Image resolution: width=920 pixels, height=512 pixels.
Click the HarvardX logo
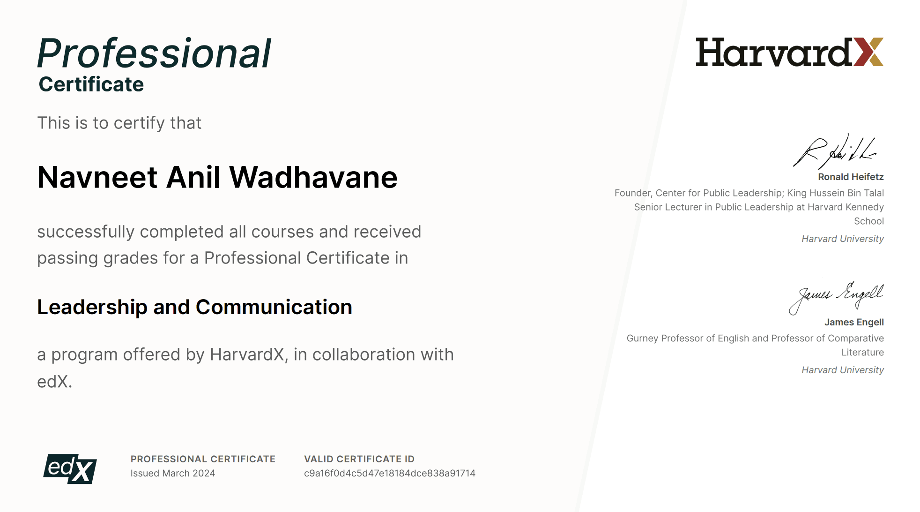(x=789, y=52)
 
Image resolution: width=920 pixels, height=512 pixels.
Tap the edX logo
(x=70, y=468)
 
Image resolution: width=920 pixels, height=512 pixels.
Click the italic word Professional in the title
(x=154, y=53)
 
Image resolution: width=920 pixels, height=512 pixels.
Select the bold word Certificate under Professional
(x=91, y=84)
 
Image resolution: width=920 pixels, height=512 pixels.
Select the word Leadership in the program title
(x=92, y=307)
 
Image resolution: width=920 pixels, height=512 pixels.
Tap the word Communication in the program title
(x=274, y=307)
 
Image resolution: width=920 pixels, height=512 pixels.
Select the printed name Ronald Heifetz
(x=851, y=177)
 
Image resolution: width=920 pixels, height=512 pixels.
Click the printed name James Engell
(x=854, y=322)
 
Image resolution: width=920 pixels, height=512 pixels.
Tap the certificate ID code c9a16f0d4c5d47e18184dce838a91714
(x=390, y=473)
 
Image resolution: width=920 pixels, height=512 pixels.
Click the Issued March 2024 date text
(x=173, y=473)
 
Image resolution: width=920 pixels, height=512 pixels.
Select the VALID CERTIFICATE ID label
(x=359, y=459)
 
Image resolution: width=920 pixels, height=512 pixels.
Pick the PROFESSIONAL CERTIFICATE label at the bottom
(x=203, y=459)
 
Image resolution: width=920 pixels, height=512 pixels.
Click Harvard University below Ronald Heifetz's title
(x=843, y=239)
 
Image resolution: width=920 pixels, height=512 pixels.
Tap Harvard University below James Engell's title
(x=843, y=370)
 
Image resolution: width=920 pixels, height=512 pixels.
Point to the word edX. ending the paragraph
(x=55, y=382)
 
